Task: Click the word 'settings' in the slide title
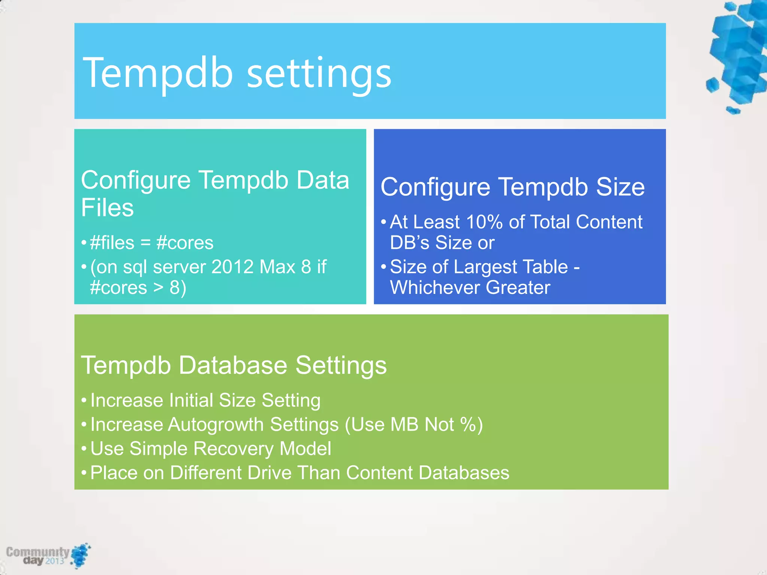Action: pos(319,73)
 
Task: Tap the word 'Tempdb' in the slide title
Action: pos(158,73)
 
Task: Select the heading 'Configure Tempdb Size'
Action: pos(512,187)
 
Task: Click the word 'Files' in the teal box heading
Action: pos(107,208)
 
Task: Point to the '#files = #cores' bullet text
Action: pos(152,243)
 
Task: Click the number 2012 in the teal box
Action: pos(233,267)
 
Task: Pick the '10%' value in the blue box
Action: pos(484,222)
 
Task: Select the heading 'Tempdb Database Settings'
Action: pos(234,365)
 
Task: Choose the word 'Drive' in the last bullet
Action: pos(269,472)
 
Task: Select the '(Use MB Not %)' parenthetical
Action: pos(413,425)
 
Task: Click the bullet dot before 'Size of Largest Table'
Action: pos(383,267)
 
